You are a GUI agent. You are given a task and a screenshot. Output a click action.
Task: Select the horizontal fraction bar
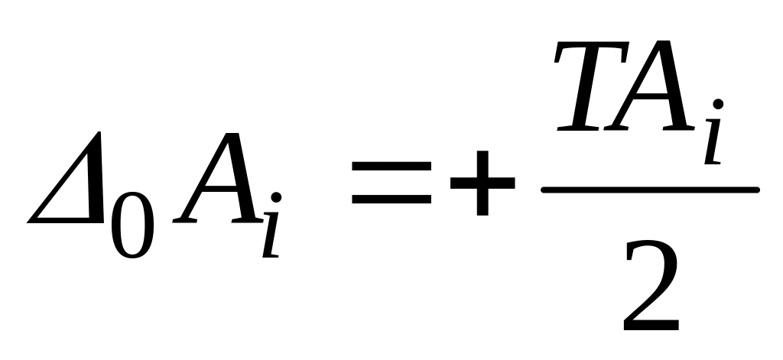point(650,188)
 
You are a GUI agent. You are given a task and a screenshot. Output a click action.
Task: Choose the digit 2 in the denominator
point(651,287)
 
